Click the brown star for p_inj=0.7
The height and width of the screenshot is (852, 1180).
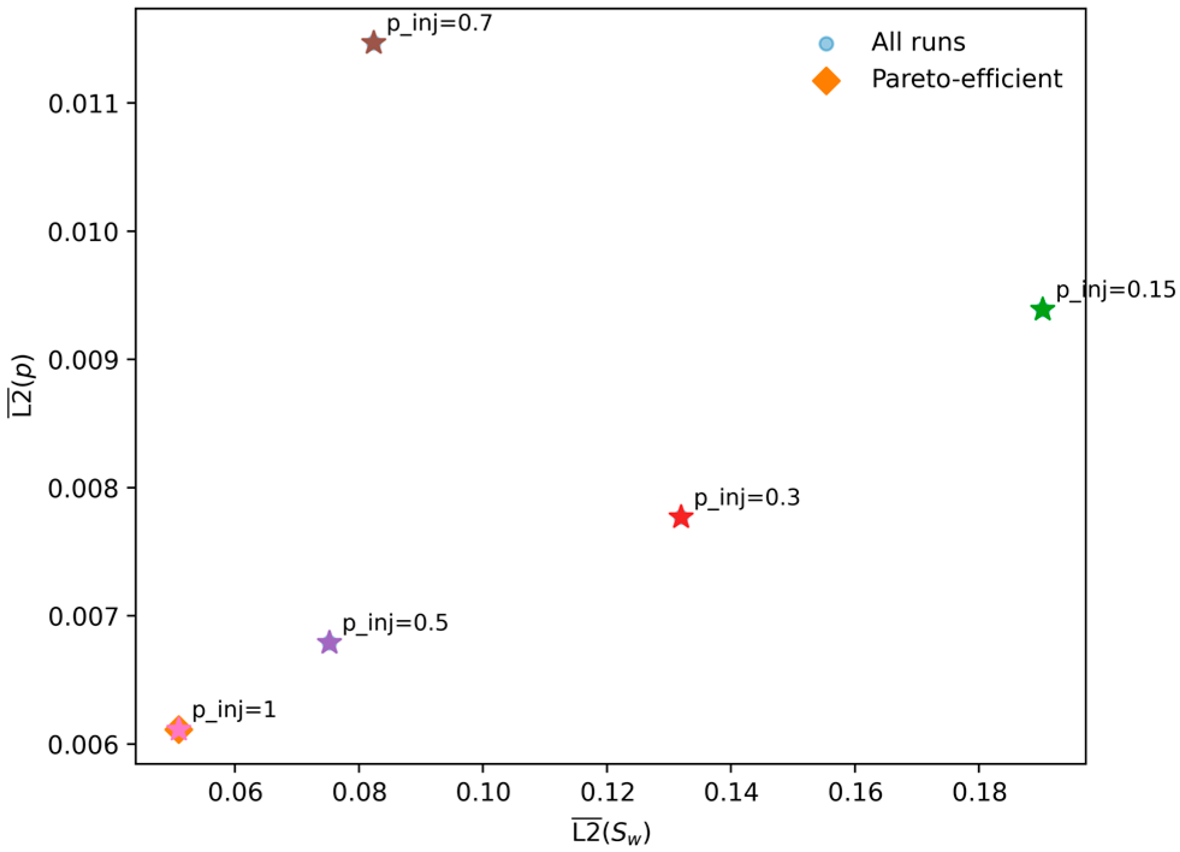373,43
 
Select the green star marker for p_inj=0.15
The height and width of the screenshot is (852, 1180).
1042,310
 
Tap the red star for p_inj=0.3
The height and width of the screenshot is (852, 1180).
680,517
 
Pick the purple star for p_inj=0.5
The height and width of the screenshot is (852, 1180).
329,643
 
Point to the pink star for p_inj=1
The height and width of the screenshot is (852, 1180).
178,730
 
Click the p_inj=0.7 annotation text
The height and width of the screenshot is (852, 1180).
439,23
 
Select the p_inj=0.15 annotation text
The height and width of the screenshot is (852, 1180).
1116,290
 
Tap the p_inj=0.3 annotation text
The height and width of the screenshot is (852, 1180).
747,498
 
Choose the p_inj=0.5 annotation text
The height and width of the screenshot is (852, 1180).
395,623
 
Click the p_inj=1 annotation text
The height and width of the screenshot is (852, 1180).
234,710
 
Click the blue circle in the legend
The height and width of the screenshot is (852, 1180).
826,43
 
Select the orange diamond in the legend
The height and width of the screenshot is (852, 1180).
826,81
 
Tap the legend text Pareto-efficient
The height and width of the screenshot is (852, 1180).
967,79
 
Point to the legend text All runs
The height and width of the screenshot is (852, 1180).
918,43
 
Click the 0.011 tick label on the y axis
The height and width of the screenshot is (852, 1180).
84,104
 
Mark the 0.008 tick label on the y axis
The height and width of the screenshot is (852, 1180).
84,488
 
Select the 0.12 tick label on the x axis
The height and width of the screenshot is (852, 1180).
607,792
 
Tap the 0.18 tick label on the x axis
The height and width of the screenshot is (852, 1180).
979,792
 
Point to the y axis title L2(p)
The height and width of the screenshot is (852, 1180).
22,385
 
